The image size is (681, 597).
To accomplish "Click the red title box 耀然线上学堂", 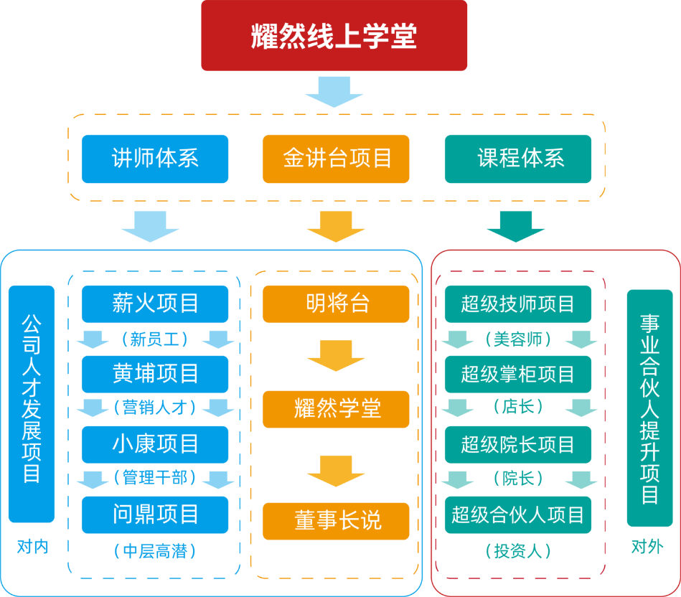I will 334,35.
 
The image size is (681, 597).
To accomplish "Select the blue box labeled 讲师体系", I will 155,159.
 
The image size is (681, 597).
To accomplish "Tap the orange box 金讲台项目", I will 336,159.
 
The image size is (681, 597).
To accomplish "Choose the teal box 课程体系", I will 518,159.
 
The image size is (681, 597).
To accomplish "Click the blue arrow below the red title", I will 334,91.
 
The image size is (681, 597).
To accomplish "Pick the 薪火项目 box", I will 155,304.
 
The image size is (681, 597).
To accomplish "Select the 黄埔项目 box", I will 155,374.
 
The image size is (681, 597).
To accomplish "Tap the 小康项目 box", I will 155,444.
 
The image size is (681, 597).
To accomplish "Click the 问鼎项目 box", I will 155,514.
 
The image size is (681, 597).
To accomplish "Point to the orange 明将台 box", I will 336,304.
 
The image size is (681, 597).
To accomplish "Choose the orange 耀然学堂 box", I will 336,409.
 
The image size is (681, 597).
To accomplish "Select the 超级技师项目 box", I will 518,304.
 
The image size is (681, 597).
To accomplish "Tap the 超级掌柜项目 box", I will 518,374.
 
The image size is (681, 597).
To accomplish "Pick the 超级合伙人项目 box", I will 518,514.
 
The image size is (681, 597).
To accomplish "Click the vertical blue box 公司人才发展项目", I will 32,403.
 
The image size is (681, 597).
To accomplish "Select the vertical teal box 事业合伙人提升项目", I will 649,408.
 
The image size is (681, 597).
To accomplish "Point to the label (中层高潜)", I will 155,551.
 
